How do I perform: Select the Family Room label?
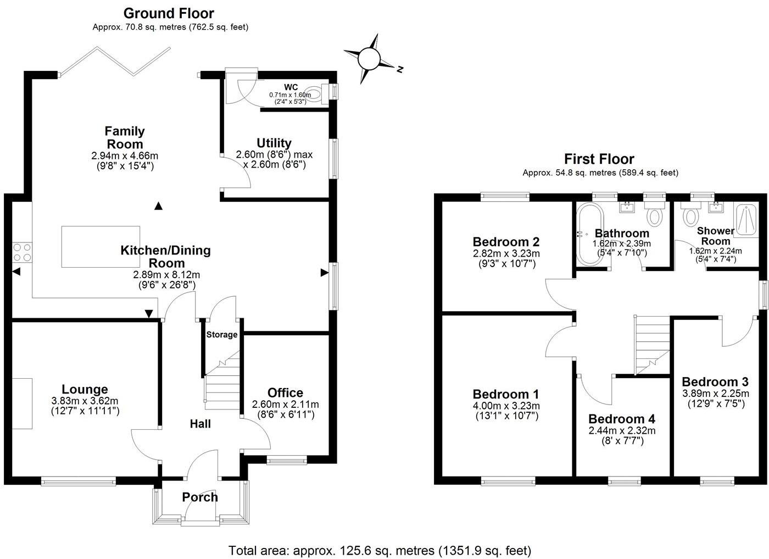[125, 137]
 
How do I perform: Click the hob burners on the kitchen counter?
[22, 252]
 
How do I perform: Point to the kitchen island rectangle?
[101, 247]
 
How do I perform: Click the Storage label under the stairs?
[222, 334]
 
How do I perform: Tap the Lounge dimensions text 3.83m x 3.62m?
[85, 401]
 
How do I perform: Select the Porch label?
[200, 497]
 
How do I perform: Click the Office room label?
[285, 392]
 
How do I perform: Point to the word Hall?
[200, 423]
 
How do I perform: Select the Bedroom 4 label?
[622, 419]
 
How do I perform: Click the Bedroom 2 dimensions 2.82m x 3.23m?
[506, 253]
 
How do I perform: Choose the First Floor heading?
[600, 159]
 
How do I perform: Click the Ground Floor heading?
[169, 13]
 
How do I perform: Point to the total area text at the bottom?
[380, 550]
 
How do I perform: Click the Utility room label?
[274, 143]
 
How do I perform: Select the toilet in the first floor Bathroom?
[654, 215]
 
